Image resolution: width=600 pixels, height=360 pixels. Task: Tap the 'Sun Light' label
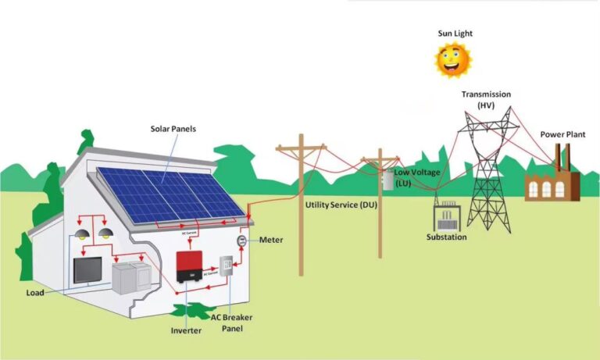[455, 34]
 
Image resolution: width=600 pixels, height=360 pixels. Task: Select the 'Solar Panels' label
[173, 129]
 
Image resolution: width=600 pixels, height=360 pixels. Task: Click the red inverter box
[193, 266]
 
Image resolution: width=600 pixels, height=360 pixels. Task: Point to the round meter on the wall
[242, 240]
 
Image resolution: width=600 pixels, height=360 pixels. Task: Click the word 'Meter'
[271, 240]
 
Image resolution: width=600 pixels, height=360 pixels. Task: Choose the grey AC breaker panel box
[226, 267]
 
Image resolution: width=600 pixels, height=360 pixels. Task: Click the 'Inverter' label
[187, 330]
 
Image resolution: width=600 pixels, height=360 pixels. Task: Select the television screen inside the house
[87, 269]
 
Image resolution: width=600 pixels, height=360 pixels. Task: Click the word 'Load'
[34, 293]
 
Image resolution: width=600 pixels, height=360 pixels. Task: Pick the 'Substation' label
[447, 237]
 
